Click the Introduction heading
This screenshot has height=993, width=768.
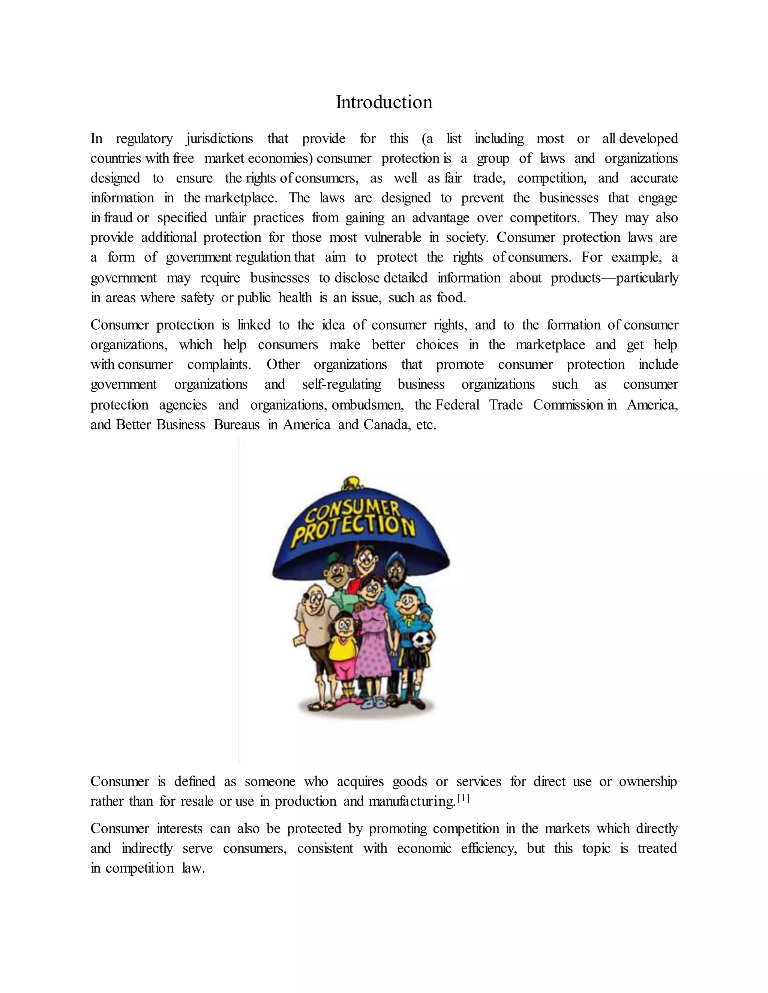coord(384,102)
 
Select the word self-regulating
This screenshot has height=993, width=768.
coord(341,385)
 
